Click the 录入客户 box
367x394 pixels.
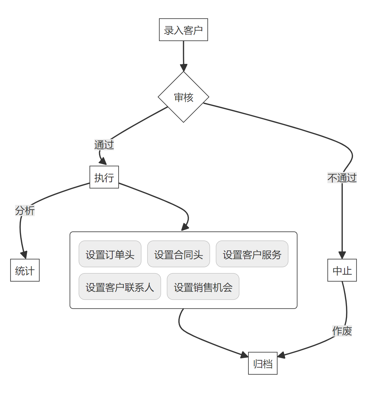[x=183, y=30]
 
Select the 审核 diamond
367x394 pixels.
[x=183, y=97]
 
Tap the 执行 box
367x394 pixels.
[x=104, y=177]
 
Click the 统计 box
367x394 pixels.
[x=25, y=270]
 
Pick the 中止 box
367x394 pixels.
[x=342, y=270]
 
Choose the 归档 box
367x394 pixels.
[x=263, y=363]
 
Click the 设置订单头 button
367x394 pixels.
[x=110, y=254]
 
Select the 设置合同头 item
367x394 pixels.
[x=179, y=254]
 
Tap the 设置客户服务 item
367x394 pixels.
[x=252, y=254]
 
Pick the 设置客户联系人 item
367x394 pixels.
[x=120, y=287]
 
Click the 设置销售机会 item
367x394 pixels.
[x=203, y=287]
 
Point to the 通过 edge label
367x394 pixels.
[x=104, y=145]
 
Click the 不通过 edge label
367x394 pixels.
[x=342, y=178]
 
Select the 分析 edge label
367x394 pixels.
[x=25, y=211]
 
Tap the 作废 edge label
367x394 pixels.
[x=342, y=331]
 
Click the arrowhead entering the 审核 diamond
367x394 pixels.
[x=183, y=68]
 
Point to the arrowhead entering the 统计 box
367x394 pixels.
[x=24, y=255]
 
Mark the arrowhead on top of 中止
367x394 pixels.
[x=342, y=255]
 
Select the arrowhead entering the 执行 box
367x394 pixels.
[x=103, y=162]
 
